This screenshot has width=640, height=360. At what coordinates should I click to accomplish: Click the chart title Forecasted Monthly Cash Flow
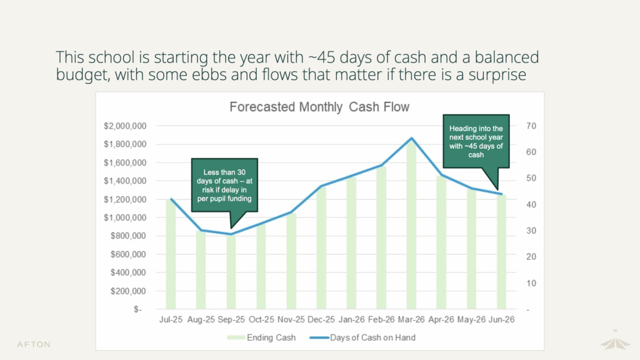click(319, 107)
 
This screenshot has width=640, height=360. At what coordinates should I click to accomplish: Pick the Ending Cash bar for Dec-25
click(321, 247)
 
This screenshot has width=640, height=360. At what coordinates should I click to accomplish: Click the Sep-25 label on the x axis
click(231, 319)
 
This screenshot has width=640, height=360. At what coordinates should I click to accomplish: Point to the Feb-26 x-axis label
click(381, 319)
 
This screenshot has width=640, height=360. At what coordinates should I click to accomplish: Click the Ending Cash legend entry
click(262, 337)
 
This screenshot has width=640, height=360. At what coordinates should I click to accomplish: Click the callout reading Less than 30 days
click(224, 186)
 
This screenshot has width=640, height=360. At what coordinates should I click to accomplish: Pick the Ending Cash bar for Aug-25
click(201, 269)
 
